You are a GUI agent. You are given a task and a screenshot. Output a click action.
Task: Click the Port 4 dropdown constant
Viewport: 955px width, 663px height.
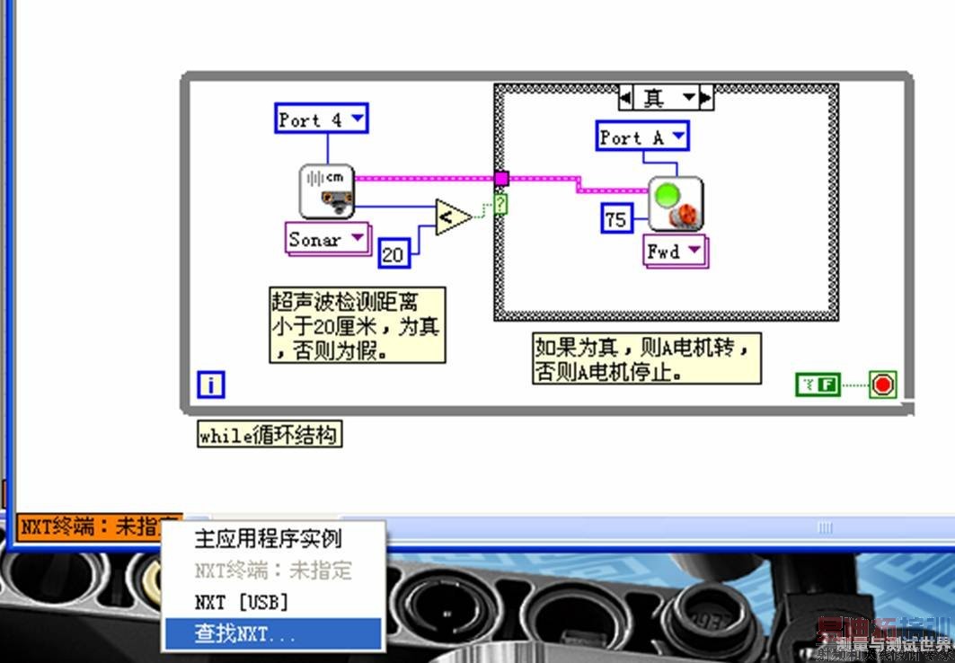click(321, 119)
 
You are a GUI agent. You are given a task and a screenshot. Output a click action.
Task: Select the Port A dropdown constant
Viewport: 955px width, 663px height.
click(642, 137)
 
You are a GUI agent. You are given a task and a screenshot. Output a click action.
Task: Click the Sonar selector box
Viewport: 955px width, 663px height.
click(326, 240)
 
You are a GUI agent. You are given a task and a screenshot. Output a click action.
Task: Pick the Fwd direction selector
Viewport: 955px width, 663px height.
click(675, 252)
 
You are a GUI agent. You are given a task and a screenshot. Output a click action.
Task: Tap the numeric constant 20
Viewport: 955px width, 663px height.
click(393, 254)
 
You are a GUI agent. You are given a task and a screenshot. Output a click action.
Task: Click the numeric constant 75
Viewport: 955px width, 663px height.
click(615, 219)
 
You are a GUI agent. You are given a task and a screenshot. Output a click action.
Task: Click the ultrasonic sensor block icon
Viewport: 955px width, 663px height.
click(326, 191)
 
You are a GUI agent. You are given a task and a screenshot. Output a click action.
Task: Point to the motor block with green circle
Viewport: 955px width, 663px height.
click(676, 203)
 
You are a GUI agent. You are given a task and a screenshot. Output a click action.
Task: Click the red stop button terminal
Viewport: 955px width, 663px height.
click(882, 385)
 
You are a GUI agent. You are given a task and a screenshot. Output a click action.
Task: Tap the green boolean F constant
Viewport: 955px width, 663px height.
click(818, 385)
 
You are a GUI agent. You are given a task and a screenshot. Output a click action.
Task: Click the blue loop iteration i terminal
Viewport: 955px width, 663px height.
click(210, 385)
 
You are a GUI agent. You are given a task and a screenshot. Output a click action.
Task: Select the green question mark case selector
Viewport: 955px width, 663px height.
click(500, 205)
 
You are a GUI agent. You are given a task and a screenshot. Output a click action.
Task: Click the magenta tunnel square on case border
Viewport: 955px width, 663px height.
click(501, 178)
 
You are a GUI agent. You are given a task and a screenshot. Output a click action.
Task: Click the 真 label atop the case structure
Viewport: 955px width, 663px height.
click(666, 97)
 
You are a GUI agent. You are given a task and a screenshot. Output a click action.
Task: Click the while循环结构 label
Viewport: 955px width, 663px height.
click(270, 436)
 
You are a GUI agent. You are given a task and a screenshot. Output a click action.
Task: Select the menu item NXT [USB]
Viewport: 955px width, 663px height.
click(241, 602)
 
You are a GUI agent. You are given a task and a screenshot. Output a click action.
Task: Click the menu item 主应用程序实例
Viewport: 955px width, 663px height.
click(268, 539)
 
